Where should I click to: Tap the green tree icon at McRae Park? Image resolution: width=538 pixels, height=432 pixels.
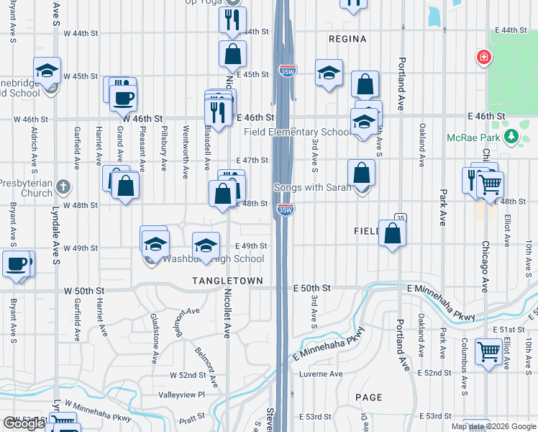click(x=512, y=137)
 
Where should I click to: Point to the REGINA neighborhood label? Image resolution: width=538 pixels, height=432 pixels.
click(x=347, y=39)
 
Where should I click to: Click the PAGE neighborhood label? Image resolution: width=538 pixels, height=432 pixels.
click(x=368, y=397)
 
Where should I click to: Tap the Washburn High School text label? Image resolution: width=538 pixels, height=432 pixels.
click(x=214, y=259)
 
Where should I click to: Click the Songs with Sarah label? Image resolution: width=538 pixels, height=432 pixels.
click(x=313, y=188)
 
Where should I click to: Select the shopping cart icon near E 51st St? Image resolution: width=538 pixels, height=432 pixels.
click(x=489, y=353)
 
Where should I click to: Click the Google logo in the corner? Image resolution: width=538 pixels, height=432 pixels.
click(x=24, y=423)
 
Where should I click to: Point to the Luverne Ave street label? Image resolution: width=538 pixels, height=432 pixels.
click(x=321, y=374)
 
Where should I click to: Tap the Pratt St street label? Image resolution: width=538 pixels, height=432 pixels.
click(x=193, y=417)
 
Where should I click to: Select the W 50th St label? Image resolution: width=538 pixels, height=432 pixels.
click(x=84, y=291)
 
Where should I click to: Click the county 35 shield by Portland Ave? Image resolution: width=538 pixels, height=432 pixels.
click(x=401, y=218)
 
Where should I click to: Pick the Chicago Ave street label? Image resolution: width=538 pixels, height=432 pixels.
click(x=485, y=266)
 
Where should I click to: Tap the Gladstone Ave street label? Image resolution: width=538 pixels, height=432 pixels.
click(x=153, y=328)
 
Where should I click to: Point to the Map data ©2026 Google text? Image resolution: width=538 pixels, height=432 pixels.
click(x=493, y=426)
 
